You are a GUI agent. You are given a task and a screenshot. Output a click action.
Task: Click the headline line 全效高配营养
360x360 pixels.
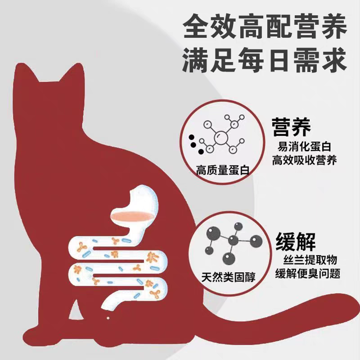(265, 27)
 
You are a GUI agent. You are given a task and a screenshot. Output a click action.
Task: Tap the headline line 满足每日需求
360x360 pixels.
(265, 60)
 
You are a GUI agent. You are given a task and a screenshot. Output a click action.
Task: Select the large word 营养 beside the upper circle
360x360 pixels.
(291, 127)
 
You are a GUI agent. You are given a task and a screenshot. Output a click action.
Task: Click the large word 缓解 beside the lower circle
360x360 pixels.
(296, 242)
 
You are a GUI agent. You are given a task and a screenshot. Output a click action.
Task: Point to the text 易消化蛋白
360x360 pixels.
(304, 147)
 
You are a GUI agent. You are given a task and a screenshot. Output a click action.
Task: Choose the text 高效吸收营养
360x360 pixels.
(304, 160)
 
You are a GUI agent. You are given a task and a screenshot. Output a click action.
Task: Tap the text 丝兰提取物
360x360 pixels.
(310, 260)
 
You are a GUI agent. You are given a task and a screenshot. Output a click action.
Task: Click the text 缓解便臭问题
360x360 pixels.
(308, 274)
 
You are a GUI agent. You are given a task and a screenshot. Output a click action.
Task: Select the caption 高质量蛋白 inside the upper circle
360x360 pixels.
(222, 170)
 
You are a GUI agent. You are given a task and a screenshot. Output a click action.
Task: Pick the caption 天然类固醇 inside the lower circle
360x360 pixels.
(229, 277)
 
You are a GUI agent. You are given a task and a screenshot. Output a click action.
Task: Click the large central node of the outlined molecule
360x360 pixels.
(221, 138)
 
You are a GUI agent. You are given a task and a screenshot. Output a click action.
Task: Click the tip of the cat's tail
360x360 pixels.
(356, 302)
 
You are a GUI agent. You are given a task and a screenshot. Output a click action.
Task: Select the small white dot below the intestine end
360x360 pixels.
(108, 318)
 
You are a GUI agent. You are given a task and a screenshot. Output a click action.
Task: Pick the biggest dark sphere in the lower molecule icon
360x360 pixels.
(213, 234)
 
